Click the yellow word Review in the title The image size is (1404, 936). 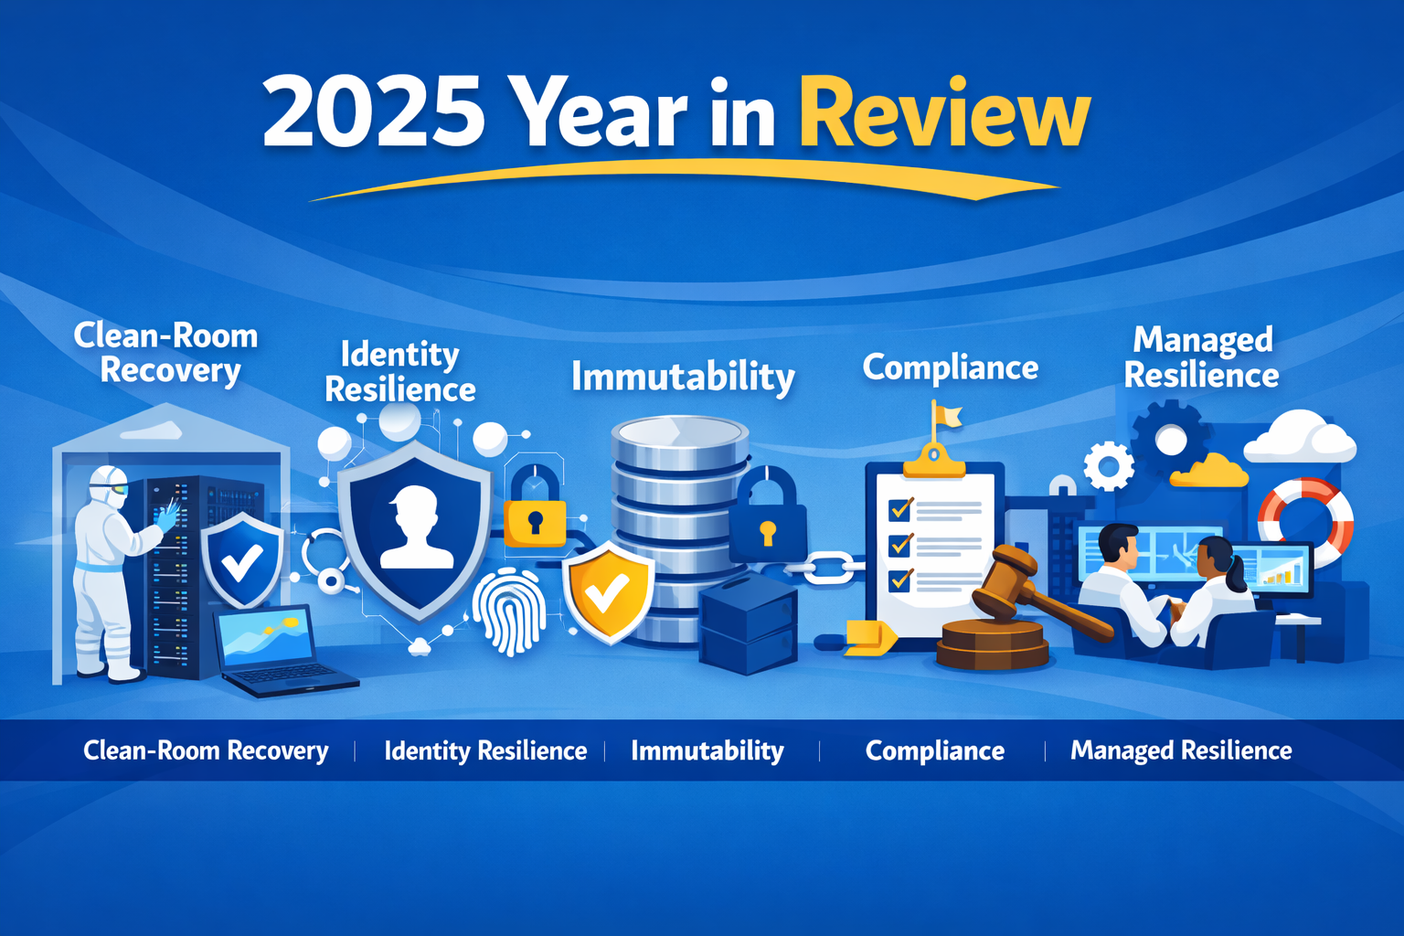[x=944, y=113]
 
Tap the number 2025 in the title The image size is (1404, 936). [x=373, y=113]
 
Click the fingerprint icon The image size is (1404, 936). [x=509, y=611]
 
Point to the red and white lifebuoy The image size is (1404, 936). [x=1305, y=521]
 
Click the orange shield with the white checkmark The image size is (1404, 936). [x=608, y=590]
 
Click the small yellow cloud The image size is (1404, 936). [x=1208, y=472]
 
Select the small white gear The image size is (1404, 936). [x=1109, y=466]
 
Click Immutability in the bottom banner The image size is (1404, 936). [x=707, y=751]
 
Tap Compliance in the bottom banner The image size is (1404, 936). [x=934, y=751]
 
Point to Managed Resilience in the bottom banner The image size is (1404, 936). [x=1181, y=751]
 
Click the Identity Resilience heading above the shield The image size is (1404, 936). [x=400, y=372]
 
